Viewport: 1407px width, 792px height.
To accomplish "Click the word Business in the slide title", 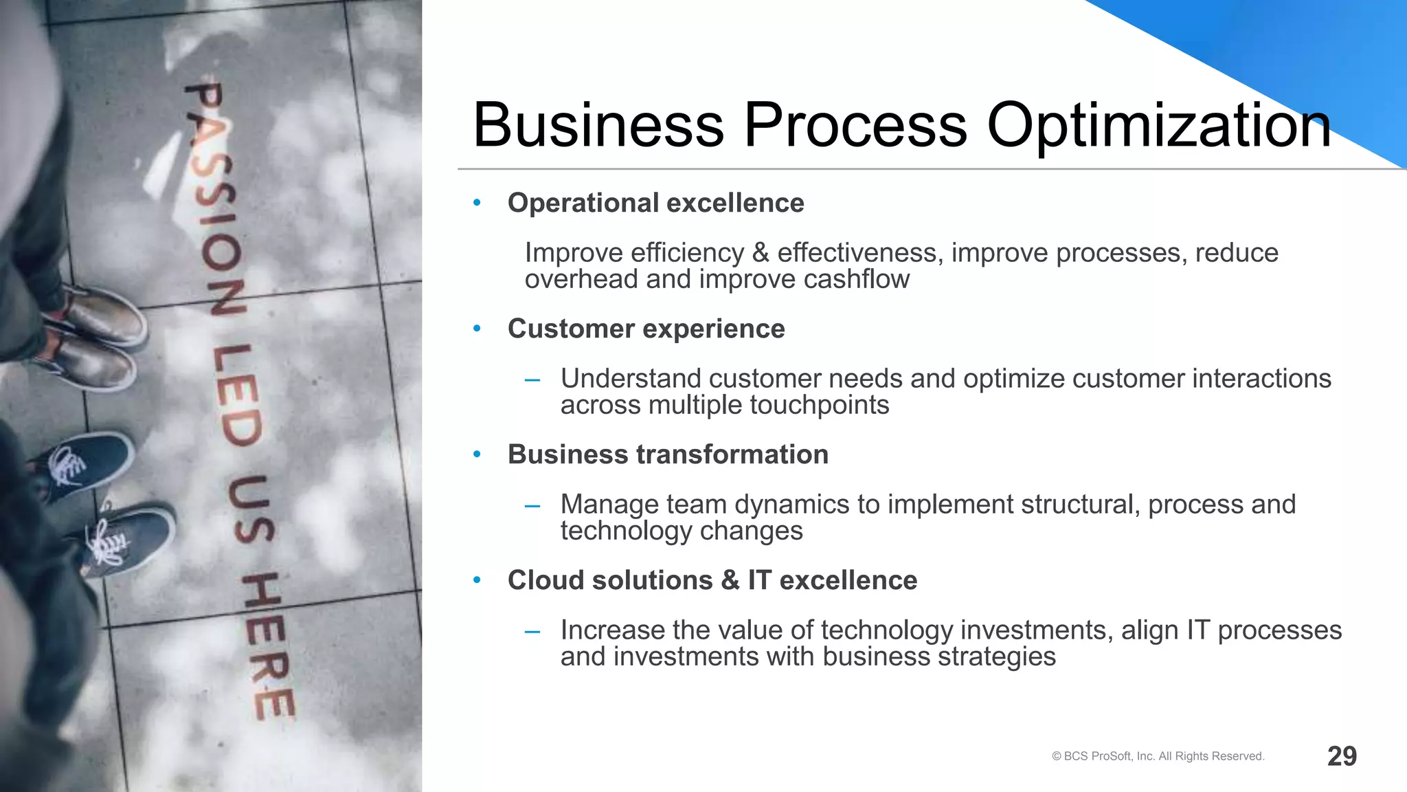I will pos(598,125).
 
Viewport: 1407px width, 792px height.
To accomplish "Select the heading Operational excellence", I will pos(655,203).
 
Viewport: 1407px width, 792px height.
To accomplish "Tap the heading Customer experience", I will pos(646,329).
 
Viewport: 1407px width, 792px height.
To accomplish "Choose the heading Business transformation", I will pos(668,455).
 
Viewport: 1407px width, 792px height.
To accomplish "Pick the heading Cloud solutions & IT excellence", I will pos(712,581).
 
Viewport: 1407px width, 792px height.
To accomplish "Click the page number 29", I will pos(1342,756).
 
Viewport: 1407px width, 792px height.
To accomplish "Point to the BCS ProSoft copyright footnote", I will pos(1158,756).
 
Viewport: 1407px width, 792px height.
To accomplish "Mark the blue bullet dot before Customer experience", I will pos(477,329).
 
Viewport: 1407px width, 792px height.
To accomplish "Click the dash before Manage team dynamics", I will pos(532,507).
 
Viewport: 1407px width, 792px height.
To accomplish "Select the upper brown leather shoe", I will pos(103,316).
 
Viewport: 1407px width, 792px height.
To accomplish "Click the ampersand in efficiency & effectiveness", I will pos(761,254).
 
